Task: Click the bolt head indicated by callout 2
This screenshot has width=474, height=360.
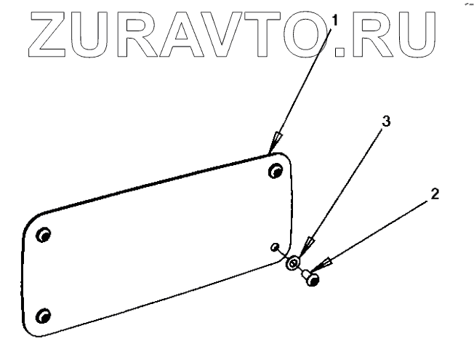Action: pyautogui.click(x=313, y=277)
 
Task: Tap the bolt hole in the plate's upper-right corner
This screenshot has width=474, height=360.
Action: pyautogui.click(x=276, y=171)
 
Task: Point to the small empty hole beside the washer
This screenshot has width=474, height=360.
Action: pyautogui.click(x=274, y=247)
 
